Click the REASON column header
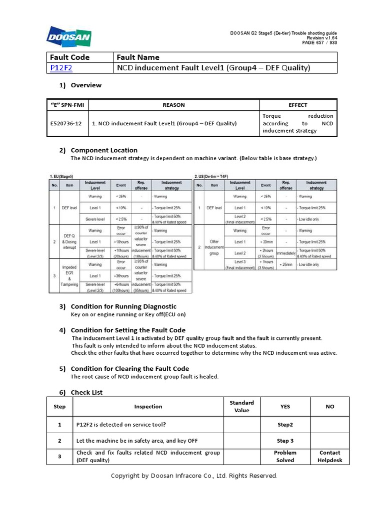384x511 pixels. tap(173, 105)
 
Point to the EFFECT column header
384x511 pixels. tap(298, 105)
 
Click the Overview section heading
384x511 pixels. tap(85, 85)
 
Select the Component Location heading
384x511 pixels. tap(103, 150)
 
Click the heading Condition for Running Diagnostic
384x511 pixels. tap(123, 306)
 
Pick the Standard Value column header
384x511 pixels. tap(241, 406)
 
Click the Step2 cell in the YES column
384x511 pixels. tap(285, 424)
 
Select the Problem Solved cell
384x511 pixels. tap(285, 456)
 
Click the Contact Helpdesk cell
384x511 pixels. tap(329, 456)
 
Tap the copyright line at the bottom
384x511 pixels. tap(193, 476)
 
